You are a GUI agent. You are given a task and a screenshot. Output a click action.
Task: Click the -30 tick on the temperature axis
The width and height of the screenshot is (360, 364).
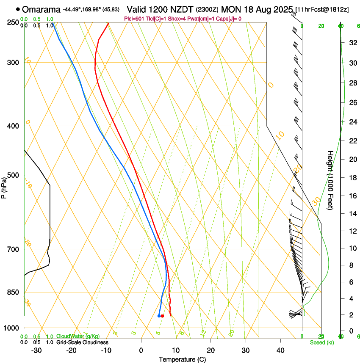pos(36,350)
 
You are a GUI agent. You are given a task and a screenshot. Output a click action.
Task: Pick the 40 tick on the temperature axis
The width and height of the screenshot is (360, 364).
pos(280,350)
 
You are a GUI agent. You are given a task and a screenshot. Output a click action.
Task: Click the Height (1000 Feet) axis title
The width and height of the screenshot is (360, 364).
pos(330,180)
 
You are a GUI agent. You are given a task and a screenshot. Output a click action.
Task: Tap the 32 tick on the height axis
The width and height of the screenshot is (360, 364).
pos(352,43)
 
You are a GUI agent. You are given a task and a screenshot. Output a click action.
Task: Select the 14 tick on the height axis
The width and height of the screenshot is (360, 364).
pos(352,214)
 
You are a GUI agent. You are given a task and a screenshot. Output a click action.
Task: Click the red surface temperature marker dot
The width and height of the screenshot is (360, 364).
pos(162,316)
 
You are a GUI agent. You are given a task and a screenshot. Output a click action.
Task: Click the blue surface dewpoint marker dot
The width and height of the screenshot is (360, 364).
pos(159,316)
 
